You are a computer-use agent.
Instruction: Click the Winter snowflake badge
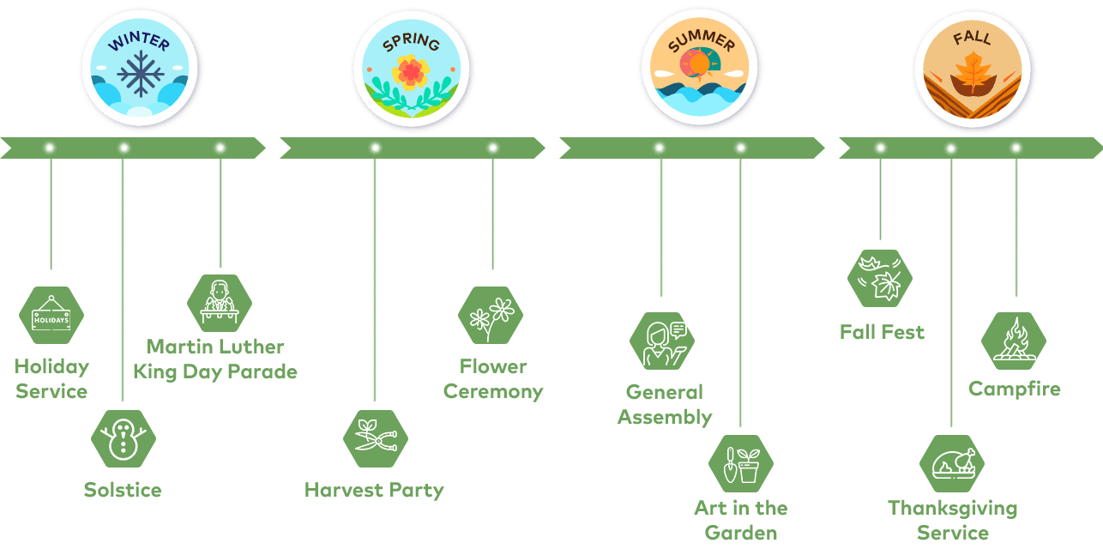[x=140, y=68]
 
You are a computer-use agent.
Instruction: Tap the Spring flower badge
[x=412, y=69]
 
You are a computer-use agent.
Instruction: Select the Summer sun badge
[x=700, y=68]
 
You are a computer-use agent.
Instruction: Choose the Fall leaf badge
[x=972, y=68]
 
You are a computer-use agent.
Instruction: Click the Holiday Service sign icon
[x=51, y=316]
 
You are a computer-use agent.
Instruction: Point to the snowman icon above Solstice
[x=124, y=438]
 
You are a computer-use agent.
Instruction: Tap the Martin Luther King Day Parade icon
[x=220, y=303]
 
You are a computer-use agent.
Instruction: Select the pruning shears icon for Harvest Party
[x=376, y=438]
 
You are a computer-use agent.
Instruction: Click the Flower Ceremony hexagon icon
[x=491, y=316]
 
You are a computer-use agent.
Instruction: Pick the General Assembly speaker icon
[x=662, y=341]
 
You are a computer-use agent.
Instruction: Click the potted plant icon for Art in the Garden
[x=741, y=464]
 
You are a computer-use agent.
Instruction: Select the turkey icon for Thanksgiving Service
[x=952, y=464]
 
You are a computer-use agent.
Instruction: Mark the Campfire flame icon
[x=1014, y=341]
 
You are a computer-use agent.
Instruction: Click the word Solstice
[x=123, y=490]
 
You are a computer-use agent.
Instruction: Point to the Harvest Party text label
[x=374, y=490]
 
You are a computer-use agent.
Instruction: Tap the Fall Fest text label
[x=882, y=332]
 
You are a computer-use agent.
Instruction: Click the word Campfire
[x=1015, y=389]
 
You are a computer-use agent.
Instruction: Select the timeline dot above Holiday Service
[x=50, y=148]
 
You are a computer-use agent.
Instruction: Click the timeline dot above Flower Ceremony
[x=492, y=148]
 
